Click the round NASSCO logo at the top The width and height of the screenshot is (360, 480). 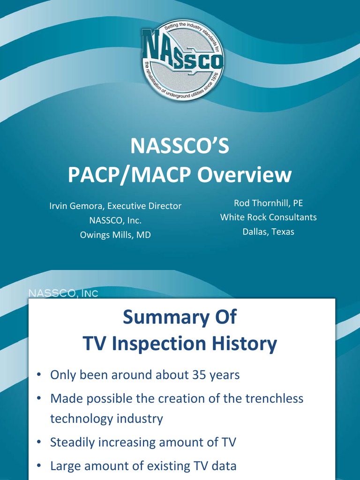pos(182,60)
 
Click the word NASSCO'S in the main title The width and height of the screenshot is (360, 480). pos(180,146)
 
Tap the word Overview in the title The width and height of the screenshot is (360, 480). pos(244,175)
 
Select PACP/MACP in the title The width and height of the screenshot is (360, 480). pos(130,175)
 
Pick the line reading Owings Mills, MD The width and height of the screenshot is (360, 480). pos(115,235)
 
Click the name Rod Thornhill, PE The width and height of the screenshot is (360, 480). pos(268,203)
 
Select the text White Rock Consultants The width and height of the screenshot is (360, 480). pos(268,217)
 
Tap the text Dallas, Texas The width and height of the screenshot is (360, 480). pos(268,232)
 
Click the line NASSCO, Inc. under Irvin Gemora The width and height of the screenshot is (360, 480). pos(115,221)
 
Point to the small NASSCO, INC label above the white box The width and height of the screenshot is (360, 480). pos(64,293)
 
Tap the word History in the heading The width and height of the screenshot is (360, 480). pos(247,345)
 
